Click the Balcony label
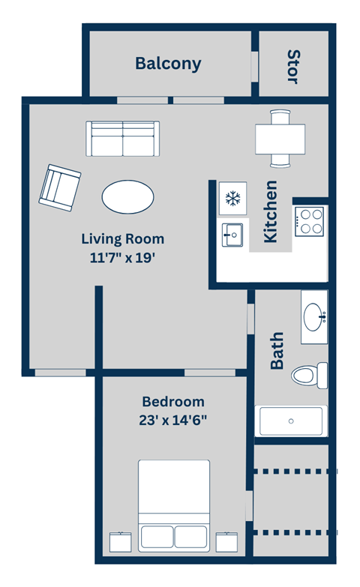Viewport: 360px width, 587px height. point(168,63)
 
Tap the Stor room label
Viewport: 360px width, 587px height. point(293,66)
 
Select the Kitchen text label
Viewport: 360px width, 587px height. point(271,211)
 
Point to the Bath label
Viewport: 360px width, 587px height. point(277,350)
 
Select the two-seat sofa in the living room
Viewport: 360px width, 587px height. point(122,139)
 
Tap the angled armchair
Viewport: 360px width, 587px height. point(59,186)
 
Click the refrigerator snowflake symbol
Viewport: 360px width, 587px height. point(232,199)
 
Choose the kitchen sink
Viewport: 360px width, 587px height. point(232,235)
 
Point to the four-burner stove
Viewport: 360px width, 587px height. point(310,222)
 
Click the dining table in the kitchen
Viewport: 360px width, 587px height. point(280,139)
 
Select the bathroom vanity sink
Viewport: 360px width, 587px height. point(315,317)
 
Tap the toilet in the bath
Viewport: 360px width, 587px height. point(309,373)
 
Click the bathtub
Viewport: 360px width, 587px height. point(292,421)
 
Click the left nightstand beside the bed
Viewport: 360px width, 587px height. point(121,541)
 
